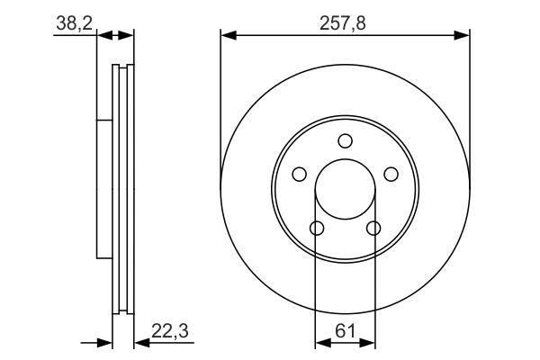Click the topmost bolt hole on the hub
[x=345, y=140]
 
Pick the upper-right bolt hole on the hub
[x=391, y=174]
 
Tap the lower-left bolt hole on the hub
[x=316, y=228]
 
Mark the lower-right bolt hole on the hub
[x=373, y=228]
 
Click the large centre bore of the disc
[x=345, y=190]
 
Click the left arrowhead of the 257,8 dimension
[x=228, y=36]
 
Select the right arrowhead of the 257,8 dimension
[x=463, y=36]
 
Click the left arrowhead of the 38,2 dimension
[x=102, y=36]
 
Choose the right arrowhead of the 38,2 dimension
[x=128, y=36]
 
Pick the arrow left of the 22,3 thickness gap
[x=104, y=343]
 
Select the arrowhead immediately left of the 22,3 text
[x=140, y=343]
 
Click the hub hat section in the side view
[x=103, y=189]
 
